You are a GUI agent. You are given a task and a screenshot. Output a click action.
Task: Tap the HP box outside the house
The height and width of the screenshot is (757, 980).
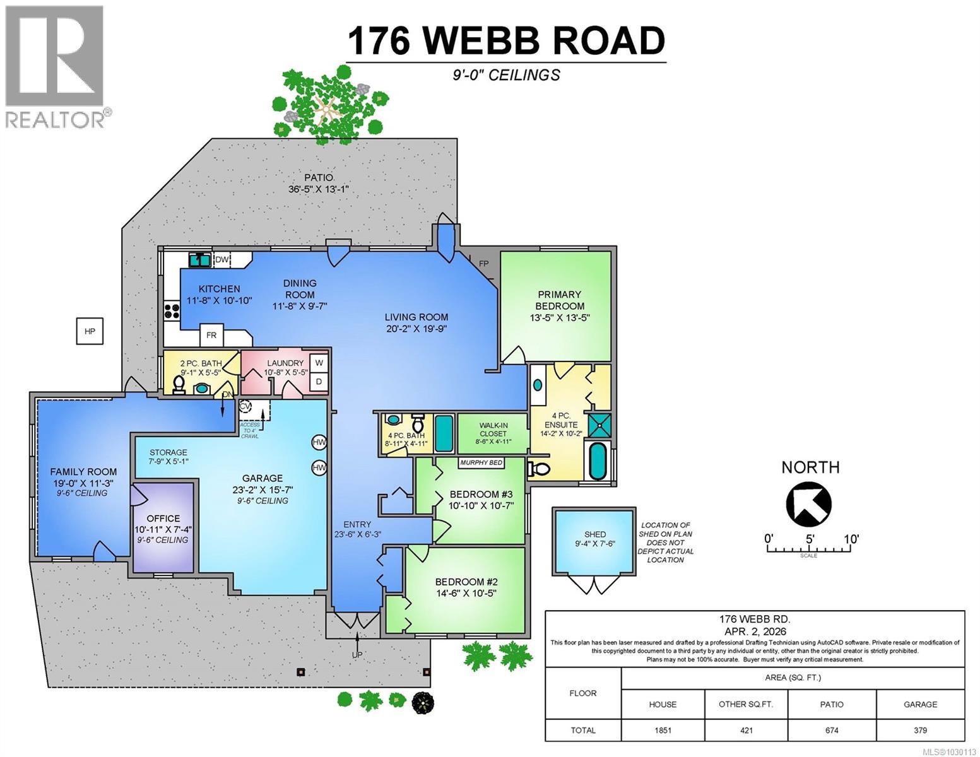click(x=90, y=331)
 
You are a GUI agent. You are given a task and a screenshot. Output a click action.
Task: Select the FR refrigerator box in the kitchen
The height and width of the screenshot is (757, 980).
click(x=211, y=336)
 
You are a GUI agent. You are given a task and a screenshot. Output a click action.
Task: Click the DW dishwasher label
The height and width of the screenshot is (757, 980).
click(x=221, y=259)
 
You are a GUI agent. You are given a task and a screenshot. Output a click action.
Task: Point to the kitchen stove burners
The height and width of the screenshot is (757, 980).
click(x=171, y=310)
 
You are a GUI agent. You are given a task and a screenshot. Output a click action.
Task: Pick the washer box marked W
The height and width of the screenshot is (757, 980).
click(x=319, y=363)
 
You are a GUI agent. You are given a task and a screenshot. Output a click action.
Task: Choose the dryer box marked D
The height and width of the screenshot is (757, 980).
click(x=319, y=381)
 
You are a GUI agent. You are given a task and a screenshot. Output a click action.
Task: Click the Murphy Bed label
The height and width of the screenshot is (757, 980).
click(x=481, y=463)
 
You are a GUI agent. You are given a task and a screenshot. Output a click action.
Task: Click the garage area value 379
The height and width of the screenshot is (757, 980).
click(x=920, y=731)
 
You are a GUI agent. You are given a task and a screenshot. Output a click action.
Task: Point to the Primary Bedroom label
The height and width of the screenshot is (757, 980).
click(x=559, y=300)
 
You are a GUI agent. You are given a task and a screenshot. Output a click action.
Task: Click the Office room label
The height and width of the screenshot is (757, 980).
click(x=163, y=519)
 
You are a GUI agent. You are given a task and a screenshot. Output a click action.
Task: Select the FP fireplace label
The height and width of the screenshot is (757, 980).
click(x=483, y=264)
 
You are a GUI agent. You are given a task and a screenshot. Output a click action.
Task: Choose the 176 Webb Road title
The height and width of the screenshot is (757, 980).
click(x=506, y=40)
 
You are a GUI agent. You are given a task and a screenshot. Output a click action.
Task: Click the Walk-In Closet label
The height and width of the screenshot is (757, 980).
click(x=493, y=430)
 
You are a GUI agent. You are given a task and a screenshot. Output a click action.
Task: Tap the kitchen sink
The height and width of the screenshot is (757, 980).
click(x=200, y=259)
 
